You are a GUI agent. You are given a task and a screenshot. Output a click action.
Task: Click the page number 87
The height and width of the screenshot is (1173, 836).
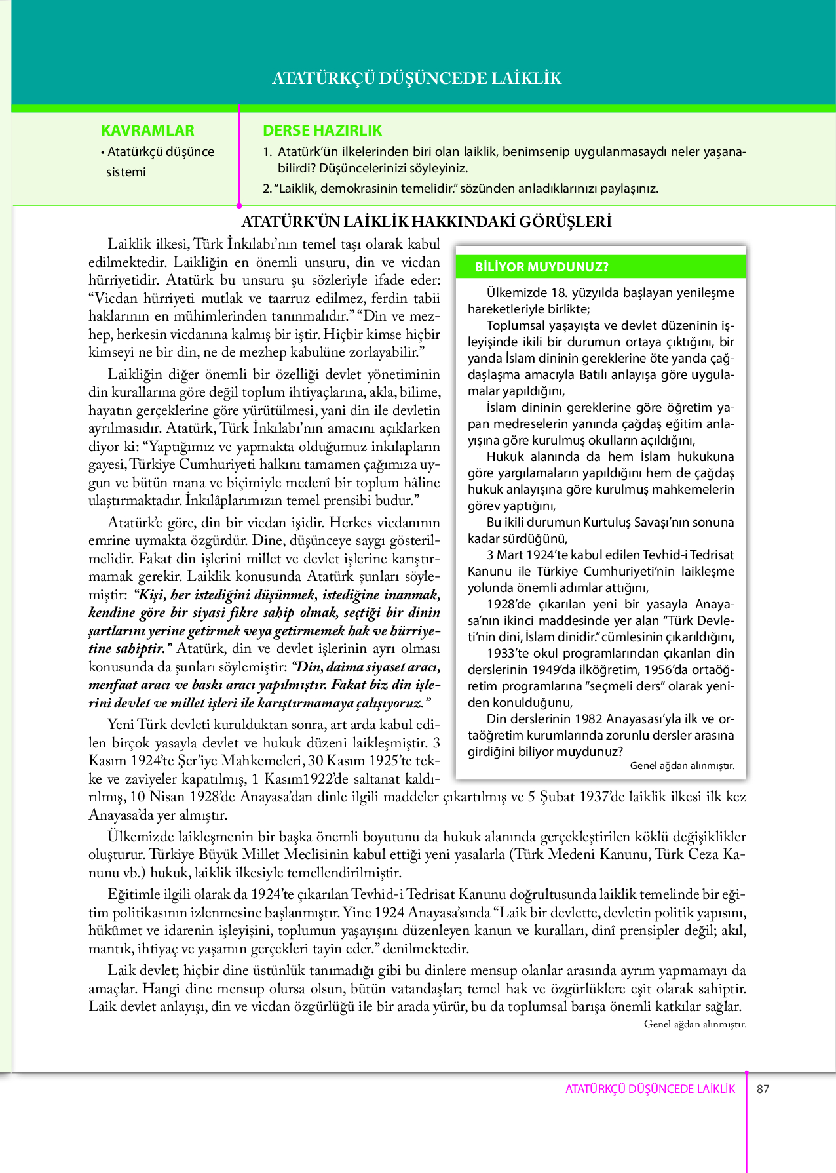pyautogui.click(x=763, y=1089)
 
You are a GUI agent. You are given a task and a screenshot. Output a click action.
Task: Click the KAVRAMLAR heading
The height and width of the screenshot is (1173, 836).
pyautogui.click(x=147, y=130)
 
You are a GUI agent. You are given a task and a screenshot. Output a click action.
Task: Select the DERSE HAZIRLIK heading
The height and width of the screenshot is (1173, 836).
pyautogui.click(x=322, y=130)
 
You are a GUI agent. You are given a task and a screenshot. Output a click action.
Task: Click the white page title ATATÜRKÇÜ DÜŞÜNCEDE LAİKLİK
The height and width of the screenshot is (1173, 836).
pyautogui.click(x=417, y=79)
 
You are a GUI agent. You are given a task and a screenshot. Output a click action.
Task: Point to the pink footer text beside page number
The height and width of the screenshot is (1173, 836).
pyautogui.click(x=650, y=1089)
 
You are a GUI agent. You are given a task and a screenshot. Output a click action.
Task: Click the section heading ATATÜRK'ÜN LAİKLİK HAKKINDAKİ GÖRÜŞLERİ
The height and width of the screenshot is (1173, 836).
pyautogui.click(x=427, y=222)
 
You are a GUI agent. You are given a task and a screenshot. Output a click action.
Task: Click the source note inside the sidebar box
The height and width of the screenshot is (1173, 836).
pyautogui.click(x=681, y=766)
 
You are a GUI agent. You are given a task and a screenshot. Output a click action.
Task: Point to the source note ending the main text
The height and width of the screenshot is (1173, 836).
pyautogui.click(x=695, y=1024)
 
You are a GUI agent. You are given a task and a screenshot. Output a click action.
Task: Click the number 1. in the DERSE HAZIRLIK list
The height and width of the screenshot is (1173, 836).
pyautogui.click(x=267, y=152)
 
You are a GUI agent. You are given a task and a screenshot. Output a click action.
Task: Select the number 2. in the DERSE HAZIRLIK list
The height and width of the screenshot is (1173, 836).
pyautogui.click(x=267, y=189)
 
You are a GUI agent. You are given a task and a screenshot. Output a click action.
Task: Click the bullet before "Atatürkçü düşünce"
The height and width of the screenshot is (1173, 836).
pyautogui.click(x=103, y=153)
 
